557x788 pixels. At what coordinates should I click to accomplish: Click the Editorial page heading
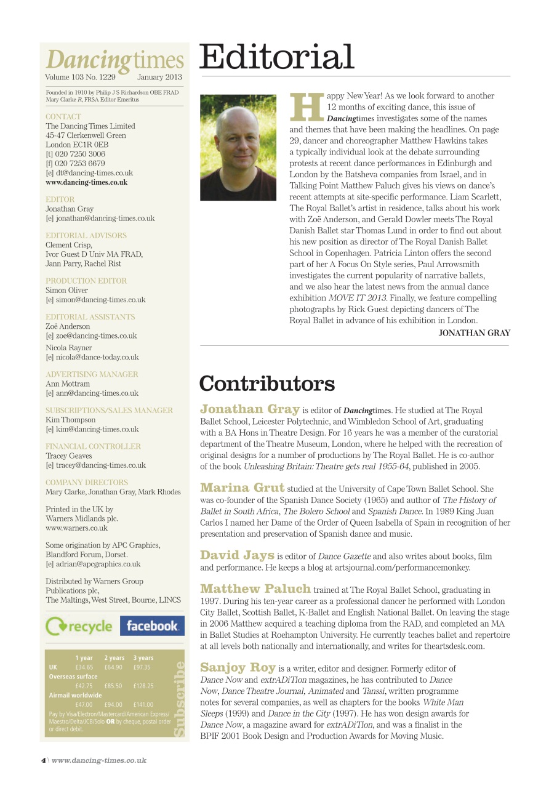(276, 57)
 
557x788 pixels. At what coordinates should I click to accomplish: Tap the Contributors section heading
(266, 384)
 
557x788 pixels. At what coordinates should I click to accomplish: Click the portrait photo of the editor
(238, 147)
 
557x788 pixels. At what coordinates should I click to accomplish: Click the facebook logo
(151, 626)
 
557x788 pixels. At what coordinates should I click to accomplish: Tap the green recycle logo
(79, 627)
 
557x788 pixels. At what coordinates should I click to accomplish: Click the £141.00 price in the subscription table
(144, 704)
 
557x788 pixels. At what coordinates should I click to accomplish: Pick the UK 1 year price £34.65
(84, 667)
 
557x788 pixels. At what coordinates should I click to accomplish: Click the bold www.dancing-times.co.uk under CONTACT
(87, 182)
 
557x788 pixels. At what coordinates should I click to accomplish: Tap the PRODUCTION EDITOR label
(86, 281)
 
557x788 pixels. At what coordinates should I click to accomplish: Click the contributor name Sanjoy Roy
(238, 667)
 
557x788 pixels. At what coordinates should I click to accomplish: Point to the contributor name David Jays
(237, 555)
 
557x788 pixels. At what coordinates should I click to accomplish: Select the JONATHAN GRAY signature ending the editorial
(474, 333)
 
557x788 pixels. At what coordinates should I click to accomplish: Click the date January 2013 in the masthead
(159, 78)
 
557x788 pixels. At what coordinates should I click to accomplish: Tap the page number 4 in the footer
(43, 760)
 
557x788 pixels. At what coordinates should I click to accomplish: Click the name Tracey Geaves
(68, 456)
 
